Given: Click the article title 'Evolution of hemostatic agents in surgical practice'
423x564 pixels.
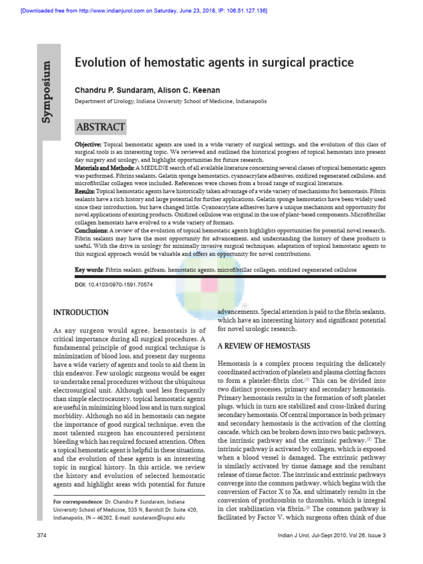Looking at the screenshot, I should (x=214, y=63).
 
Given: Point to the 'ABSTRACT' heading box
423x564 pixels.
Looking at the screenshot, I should (x=101, y=127).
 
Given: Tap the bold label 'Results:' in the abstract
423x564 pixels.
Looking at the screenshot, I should (x=85, y=190).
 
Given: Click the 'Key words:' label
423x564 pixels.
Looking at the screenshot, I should (x=89, y=270).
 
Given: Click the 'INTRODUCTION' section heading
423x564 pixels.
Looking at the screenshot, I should (x=80, y=313).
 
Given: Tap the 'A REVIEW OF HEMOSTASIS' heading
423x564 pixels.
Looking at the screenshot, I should (x=256, y=346).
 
